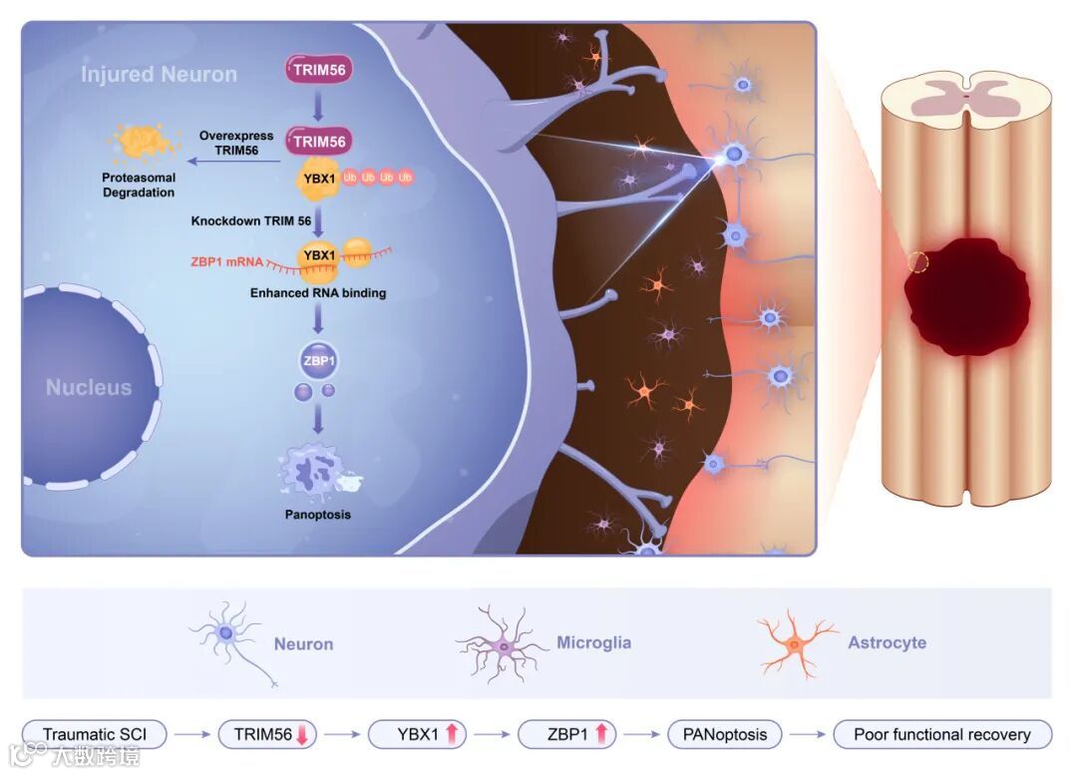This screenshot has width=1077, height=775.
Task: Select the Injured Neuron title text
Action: tap(159, 75)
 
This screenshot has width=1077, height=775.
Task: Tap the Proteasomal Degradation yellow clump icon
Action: tap(145, 145)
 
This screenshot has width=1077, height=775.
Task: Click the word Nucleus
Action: tap(89, 387)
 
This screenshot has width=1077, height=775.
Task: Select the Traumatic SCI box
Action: tap(94, 735)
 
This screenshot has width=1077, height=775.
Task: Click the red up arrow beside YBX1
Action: tap(452, 735)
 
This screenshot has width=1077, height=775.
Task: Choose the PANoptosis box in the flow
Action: tap(725, 735)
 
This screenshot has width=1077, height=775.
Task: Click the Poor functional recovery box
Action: tap(942, 735)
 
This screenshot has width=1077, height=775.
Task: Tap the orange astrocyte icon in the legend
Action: tap(796, 643)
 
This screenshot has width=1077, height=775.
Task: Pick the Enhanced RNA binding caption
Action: tap(319, 294)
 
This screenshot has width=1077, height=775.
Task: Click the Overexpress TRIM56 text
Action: tap(236, 143)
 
